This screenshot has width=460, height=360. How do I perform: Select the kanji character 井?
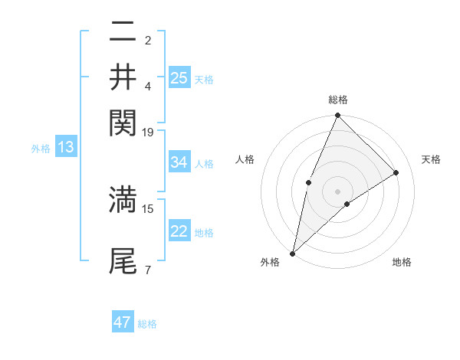point(123,77)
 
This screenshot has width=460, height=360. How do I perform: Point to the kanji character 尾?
point(123,260)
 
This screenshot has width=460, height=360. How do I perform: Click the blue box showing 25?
point(179,78)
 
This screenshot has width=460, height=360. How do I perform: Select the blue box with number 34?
point(179,162)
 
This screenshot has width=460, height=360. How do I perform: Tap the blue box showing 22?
point(179,231)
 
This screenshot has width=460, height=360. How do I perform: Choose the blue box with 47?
point(123,322)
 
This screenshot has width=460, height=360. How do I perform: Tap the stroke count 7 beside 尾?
point(148,270)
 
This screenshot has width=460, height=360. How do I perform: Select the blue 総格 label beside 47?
point(147,324)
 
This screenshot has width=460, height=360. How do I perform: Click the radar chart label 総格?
point(338,100)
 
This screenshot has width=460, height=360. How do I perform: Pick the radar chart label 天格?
point(432,159)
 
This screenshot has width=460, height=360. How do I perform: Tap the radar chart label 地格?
point(402,262)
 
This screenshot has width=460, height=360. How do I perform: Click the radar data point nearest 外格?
point(293,253)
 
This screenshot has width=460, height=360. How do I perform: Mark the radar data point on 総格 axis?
point(338,116)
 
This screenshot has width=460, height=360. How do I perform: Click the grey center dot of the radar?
point(338,191)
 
